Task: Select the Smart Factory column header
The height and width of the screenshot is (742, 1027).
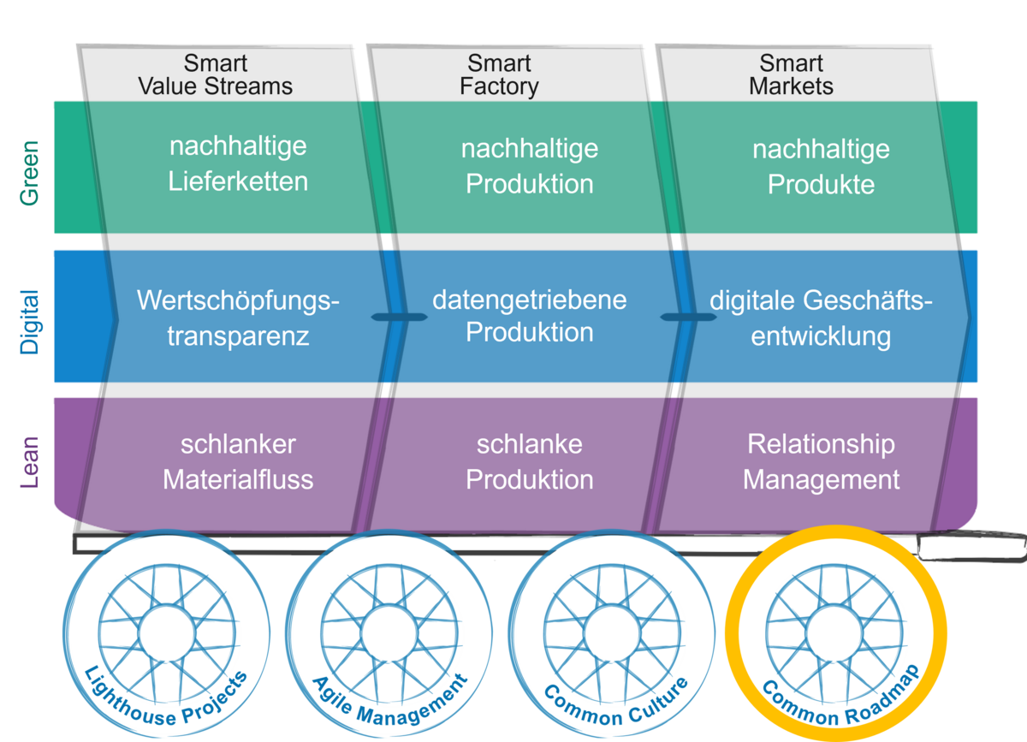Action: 499,75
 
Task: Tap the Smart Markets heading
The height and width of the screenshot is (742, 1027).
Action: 791,75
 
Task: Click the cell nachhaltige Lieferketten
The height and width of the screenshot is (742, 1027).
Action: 238,163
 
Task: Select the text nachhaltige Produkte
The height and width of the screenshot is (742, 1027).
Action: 821,167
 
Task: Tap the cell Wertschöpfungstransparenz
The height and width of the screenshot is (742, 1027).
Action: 238,318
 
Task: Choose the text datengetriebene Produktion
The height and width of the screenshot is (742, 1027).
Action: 529,316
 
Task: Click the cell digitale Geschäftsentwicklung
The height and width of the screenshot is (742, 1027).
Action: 821,318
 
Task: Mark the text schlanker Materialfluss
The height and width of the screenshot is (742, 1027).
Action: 238,461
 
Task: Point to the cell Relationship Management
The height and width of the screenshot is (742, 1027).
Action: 821,461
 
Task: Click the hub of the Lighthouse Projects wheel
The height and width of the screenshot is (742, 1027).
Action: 168,634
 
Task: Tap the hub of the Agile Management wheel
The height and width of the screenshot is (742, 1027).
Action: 390,634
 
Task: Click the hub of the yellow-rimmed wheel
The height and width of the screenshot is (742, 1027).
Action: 836,634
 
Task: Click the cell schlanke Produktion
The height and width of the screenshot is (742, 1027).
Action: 529,461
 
